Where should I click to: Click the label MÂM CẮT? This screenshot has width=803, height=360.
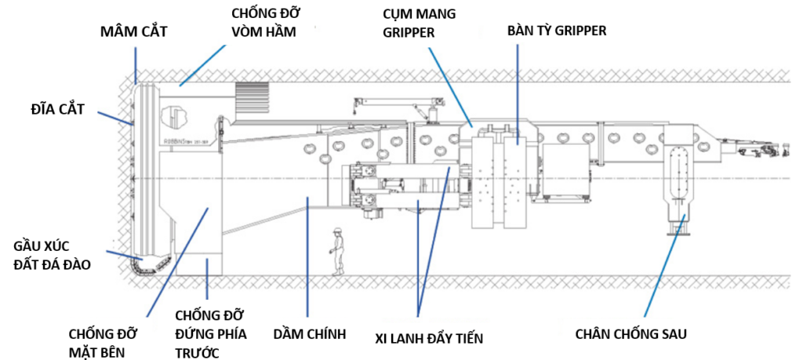pyautogui.click(x=133, y=32)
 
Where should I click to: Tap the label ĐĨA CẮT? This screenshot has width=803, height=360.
pyautogui.click(x=56, y=110)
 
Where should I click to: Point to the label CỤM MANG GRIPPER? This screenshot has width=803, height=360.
pyautogui.click(x=416, y=21)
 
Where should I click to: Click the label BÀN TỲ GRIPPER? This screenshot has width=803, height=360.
pyautogui.click(x=557, y=31)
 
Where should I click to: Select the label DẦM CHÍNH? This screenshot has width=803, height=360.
pyautogui.click(x=309, y=334)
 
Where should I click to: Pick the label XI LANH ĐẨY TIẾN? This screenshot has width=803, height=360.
pyautogui.click(x=428, y=338)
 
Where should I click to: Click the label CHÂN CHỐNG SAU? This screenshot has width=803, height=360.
pyautogui.click(x=631, y=334)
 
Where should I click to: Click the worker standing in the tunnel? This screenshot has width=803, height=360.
pyautogui.click(x=337, y=251)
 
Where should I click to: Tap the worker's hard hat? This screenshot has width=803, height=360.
pyautogui.click(x=337, y=230)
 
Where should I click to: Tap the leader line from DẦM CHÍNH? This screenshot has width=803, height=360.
pyautogui.click(x=307, y=256)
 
